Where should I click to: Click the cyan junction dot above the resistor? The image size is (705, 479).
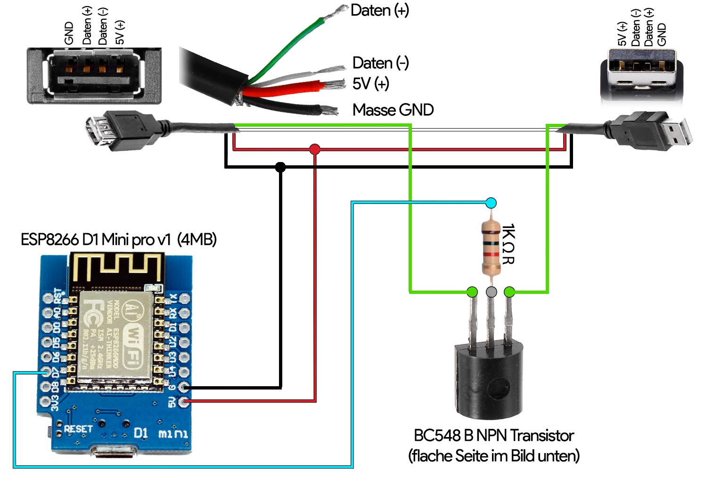point(491,203)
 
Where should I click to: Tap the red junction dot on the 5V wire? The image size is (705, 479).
point(315,150)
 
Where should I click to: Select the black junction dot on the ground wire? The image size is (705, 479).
point(280,167)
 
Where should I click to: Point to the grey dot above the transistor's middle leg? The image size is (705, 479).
point(491,292)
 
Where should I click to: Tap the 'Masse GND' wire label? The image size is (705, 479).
point(393,110)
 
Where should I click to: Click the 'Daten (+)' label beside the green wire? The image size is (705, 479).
point(380,10)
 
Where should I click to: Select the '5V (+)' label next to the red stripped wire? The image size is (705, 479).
point(370,84)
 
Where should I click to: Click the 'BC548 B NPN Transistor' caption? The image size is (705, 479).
point(493,436)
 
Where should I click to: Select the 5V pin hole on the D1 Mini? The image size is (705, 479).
point(185,402)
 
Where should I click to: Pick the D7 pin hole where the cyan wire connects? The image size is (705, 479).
point(46,372)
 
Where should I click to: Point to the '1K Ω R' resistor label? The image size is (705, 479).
point(508,244)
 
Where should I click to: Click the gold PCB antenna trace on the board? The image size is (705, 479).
point(115,268)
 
